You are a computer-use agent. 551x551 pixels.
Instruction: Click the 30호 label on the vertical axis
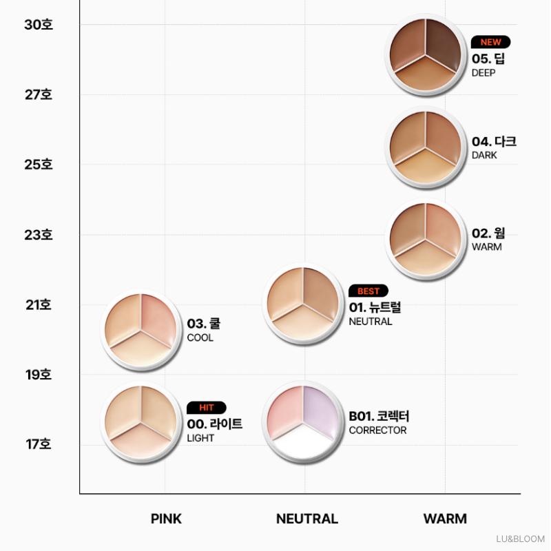click(39, 25)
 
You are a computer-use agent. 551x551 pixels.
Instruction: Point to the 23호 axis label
click(39, 235)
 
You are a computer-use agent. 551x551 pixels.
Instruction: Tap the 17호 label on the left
click(39, 444)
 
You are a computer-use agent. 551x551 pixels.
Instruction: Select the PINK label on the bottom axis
click(166, 519)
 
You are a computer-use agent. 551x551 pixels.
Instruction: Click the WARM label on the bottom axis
click(445, 519)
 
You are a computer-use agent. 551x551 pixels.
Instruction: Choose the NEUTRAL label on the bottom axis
click(306, 519)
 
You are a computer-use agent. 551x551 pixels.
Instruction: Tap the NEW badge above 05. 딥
click(490, 42)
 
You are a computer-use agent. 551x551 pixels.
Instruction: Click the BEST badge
click(368, 291)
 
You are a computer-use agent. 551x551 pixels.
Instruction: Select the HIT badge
click(206, 408)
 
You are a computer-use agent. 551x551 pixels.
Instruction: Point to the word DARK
click(484, 156)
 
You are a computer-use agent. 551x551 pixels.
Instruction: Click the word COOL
click(200, 337)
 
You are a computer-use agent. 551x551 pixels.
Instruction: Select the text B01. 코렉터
click(379, 417)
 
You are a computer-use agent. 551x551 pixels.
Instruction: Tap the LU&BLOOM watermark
click(521, 539)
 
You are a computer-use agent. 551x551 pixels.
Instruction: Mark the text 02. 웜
click(488, 233)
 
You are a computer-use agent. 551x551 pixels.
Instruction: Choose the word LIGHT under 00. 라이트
click(200, 438)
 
